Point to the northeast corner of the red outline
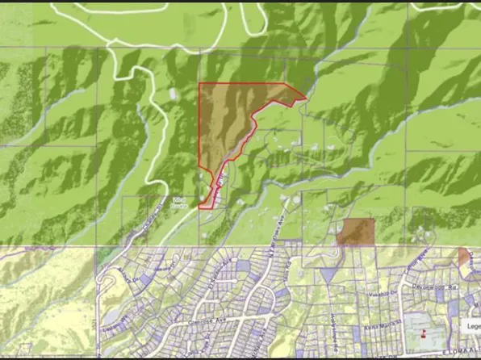pos(306,99)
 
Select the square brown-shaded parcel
pos(356,232)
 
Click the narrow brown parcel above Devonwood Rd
pos(464,257)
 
